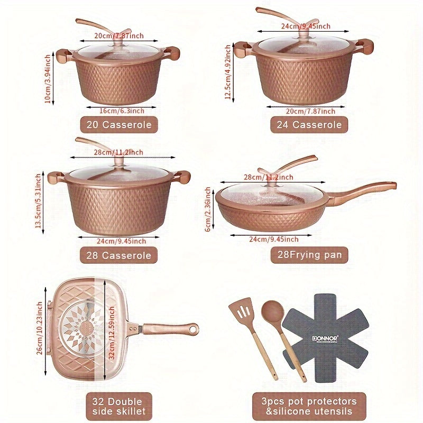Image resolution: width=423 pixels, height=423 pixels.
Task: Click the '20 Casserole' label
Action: click(x=119, y=125)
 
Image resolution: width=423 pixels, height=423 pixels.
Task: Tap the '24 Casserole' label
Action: click(x=309, y=125)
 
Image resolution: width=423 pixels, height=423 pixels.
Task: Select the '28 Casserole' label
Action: click(x=119, y=255)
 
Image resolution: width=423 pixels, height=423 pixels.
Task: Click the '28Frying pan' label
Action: click(x=309, y=255)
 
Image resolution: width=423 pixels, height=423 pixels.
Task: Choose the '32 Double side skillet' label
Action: click(x=119, y=406)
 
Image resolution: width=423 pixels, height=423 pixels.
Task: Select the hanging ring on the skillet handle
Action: click(x=194, y=328)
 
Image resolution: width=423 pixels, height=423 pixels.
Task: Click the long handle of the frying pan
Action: click(x=365, y=190)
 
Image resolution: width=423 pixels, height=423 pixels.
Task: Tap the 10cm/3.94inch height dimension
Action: click(x=48, y=78)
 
